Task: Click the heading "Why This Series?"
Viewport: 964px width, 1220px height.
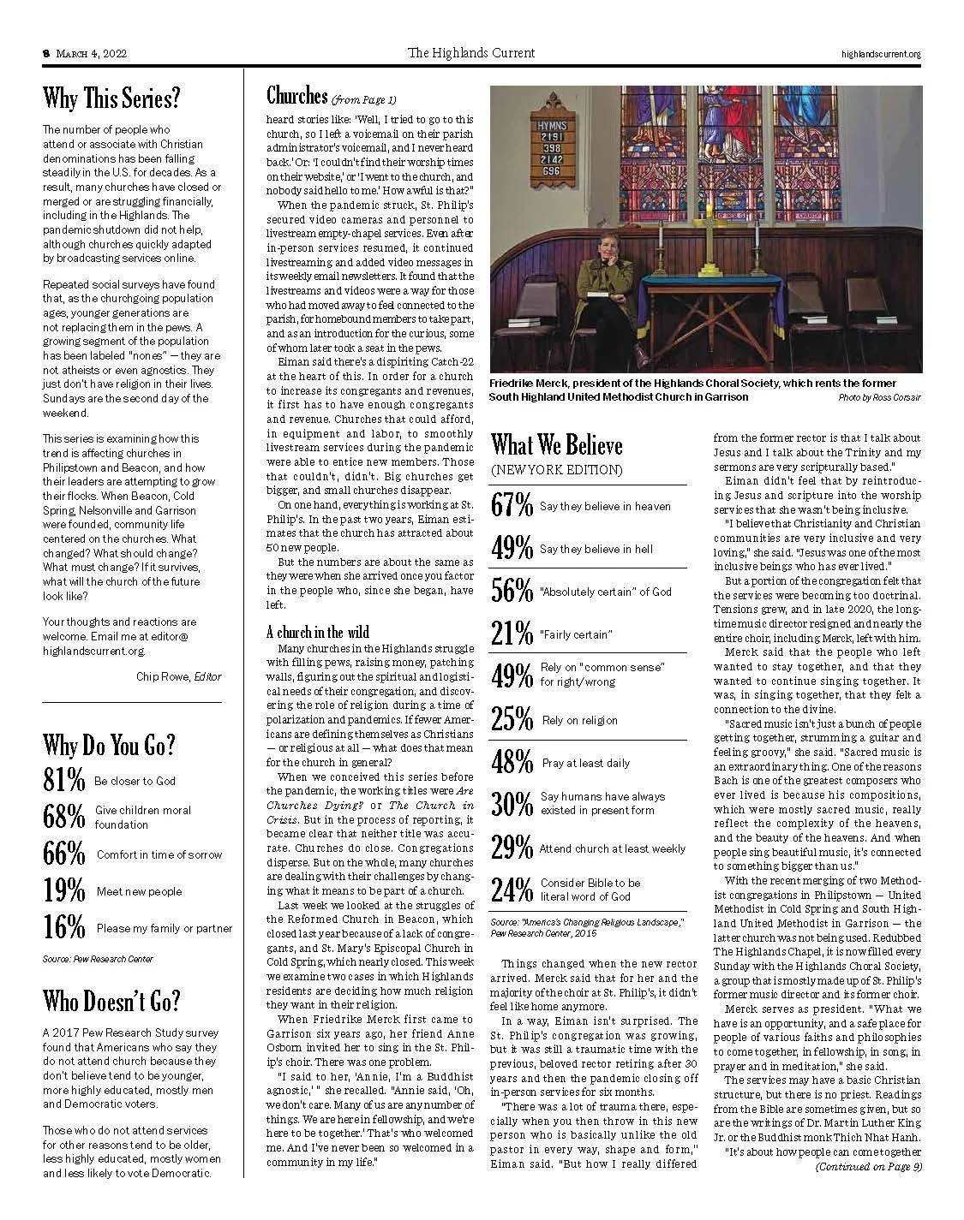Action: [x=111, y=99]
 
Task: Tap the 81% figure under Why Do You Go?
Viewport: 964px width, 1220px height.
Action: [x=64, y=780]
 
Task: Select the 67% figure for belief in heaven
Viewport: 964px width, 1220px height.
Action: [x=512, y=506]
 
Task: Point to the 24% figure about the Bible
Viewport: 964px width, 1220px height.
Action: [x=512, y=890]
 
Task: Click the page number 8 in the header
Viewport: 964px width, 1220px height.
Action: [x=46, y=54]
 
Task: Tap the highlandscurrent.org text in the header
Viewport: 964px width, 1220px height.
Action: [x=881, y=54]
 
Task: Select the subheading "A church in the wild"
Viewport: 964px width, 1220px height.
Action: [x=318, y=632]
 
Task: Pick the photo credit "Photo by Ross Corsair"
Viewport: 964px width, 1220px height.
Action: [x=880, y=398]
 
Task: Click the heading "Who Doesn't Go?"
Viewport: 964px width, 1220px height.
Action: [x=111, y=1000]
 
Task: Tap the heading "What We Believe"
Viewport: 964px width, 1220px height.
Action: [x=556, y=445]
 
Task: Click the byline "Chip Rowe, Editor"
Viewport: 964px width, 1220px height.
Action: [x=178, y=676]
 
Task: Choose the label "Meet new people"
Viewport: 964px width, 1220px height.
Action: [x=139, y=891]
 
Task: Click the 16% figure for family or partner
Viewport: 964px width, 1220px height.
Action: [x=64, y=927]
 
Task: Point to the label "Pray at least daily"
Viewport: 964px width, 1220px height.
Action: [x=585, y=763]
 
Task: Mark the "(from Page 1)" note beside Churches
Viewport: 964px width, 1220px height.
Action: [x=364, y=98]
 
